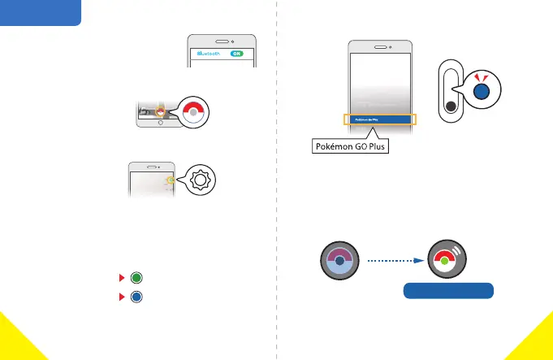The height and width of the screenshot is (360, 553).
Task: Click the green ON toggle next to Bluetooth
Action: pos(236,54)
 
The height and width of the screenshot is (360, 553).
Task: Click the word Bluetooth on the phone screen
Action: pos(207,54)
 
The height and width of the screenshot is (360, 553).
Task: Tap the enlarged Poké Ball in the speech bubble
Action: pos(192,114)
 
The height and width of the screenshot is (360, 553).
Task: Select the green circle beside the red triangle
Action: pos(136,278)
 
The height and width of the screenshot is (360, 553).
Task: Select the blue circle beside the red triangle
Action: pos(136,297)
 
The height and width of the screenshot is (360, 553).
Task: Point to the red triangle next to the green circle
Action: pos(123,278)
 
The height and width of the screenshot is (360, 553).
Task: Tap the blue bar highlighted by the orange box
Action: pos(379,119)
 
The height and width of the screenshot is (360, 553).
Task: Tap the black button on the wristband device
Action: pos(449,106)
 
